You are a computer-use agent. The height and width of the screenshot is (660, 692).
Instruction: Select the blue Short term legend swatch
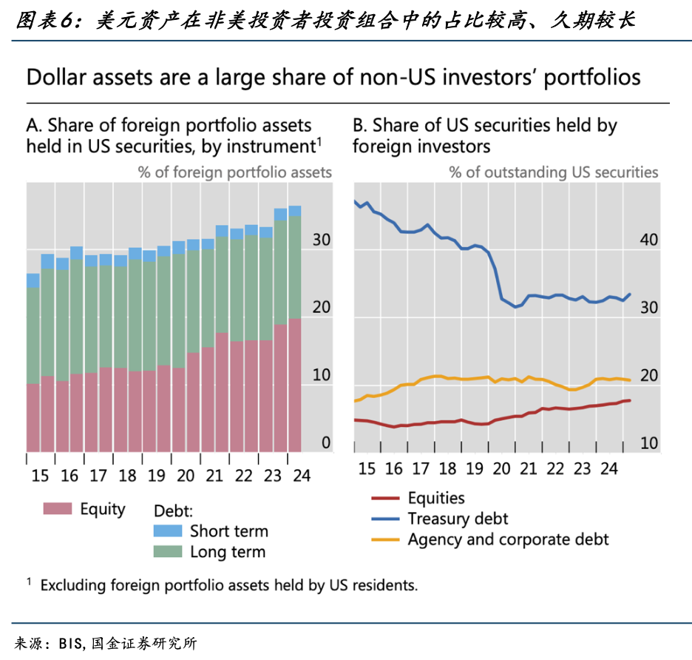click(167, 531)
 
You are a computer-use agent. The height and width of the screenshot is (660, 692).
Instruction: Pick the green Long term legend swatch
click(167, 551)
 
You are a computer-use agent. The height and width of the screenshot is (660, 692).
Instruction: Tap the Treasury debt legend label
click(458, 519)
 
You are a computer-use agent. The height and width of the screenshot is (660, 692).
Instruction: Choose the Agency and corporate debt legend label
click(508, 539)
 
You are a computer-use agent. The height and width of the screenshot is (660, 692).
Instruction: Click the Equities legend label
click(436, 499)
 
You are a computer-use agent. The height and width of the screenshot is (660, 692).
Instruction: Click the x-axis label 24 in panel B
click(608, 468)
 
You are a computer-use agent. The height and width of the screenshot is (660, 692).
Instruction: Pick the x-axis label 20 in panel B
click(503, 468)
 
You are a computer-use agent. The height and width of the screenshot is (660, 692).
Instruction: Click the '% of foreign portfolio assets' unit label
click(234, 172)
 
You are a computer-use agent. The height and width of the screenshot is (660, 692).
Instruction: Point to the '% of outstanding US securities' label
click(553, 172)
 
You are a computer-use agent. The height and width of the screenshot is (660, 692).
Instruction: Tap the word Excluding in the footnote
click(73, 585)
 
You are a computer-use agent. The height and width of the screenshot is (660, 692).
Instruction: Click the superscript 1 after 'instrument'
click(319, 139)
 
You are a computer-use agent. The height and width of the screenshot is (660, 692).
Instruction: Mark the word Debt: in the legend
click(173, 511)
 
